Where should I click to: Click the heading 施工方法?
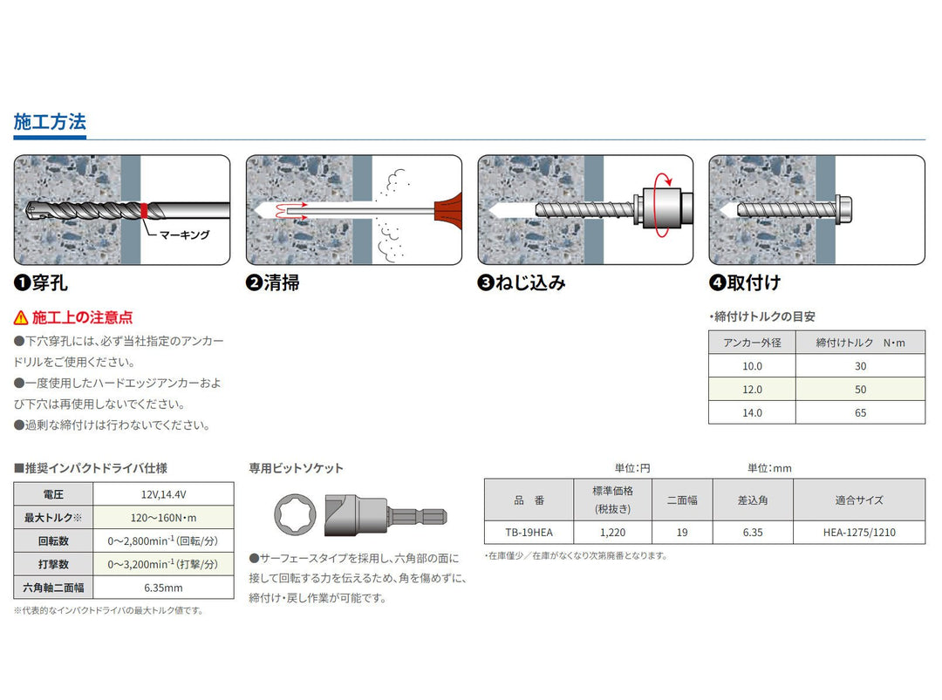50,122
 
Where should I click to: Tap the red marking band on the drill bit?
144,211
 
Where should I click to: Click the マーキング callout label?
184,234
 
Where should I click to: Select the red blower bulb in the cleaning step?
448,210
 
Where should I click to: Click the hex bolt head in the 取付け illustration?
843,210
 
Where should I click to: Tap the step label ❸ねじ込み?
522,282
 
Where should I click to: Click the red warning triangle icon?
21,317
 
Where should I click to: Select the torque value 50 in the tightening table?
860,390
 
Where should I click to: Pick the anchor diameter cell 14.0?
752,413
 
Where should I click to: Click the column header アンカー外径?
752,343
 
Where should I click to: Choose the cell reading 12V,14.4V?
163,494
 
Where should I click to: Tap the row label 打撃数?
53,564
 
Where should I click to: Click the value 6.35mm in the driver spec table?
163,588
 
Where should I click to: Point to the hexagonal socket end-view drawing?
295,514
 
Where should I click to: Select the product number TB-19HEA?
529,533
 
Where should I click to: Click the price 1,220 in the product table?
613,533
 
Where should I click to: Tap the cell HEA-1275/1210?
859,533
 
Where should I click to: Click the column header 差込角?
753,500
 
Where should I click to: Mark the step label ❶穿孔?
41,282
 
